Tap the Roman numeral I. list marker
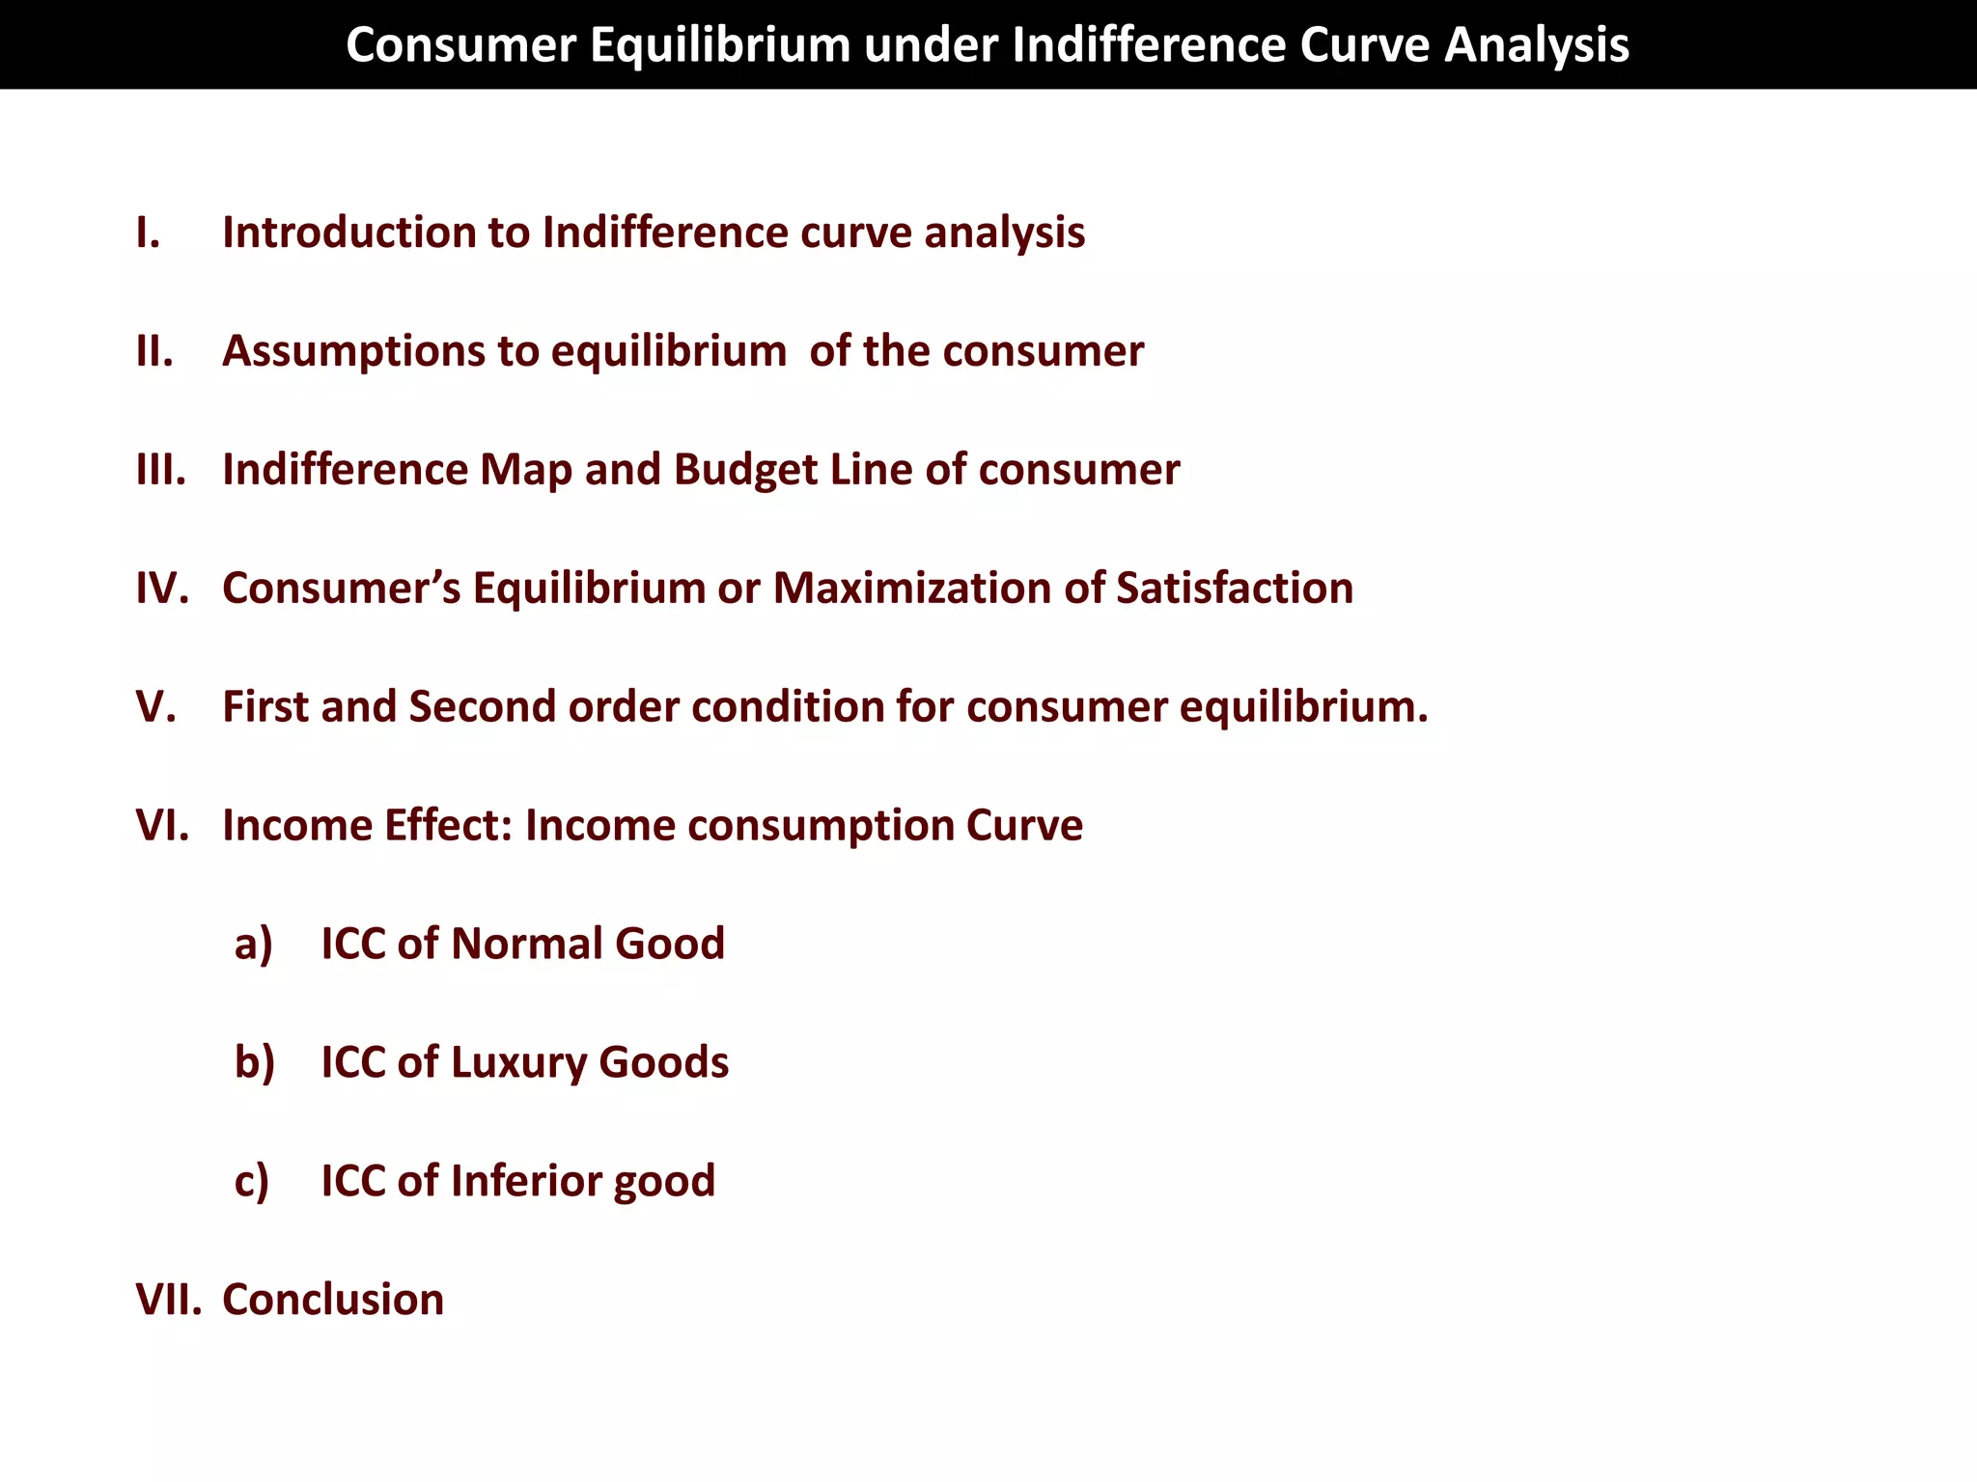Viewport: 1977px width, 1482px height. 148,233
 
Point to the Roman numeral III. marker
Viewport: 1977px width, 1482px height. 161,470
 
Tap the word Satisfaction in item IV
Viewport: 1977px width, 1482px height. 1235,589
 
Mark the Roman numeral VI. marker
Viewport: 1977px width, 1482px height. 162,826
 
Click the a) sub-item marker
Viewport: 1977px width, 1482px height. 253,945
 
